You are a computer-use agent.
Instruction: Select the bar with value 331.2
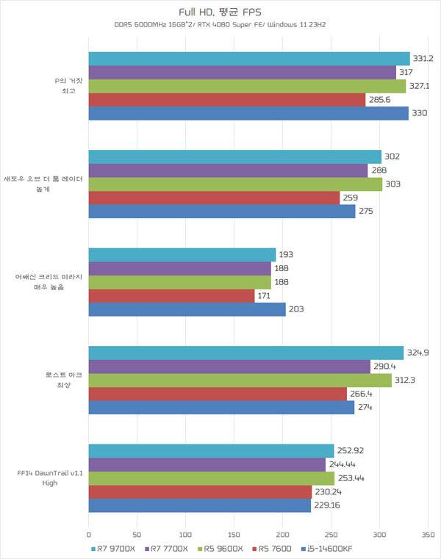click(x=249, y=59)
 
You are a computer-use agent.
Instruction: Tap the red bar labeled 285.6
click(x=227, y=100)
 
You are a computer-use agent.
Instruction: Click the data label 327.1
click(x=420, y=86)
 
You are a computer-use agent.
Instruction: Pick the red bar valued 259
click(x=214, y=198)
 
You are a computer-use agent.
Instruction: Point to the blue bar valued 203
click(x=187, y=309)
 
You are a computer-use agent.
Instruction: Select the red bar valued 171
click(x=171, y=295)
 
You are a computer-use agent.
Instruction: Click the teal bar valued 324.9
click(x=246, y=353)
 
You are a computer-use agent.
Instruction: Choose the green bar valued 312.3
click(x=240, y=380)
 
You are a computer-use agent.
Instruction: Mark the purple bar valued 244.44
click(x=207, y=464)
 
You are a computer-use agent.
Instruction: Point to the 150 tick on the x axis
click(x=234, y=535)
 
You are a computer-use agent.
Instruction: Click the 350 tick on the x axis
click(x=429, y=535)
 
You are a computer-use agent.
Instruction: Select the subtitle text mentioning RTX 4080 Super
click(x=220, y=26)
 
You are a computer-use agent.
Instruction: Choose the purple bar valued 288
click(x=228, y=170)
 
